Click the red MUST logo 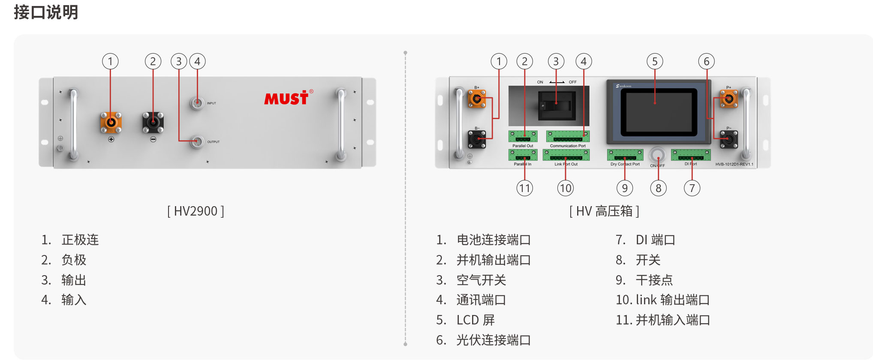click(286, 98)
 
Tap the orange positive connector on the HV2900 click(111, 123)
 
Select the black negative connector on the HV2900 click(153, 123)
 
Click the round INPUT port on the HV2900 click(197, 103)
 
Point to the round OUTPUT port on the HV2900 click(197, 141)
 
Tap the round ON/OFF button click(657, 155)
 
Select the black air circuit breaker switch click(556, 105)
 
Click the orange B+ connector click(477, 99)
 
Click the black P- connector click(729, 139)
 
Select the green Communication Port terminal click(568, 136)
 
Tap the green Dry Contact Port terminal click(625, 155)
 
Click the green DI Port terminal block click(691, 155)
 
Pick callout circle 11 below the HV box click(525, 188)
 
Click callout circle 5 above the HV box click(655, 62)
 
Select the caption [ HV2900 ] click(196, 211)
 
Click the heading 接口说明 click(46, 12)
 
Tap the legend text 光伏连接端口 click(494, 340)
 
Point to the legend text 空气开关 click(481, 280)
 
